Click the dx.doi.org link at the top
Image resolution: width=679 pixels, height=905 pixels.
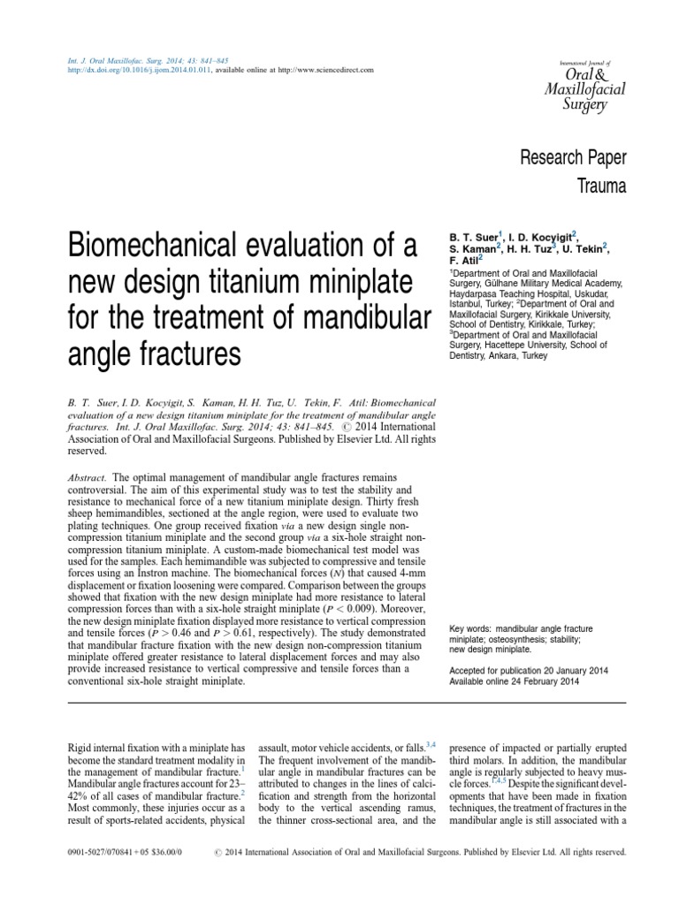[x=140, y=70]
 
